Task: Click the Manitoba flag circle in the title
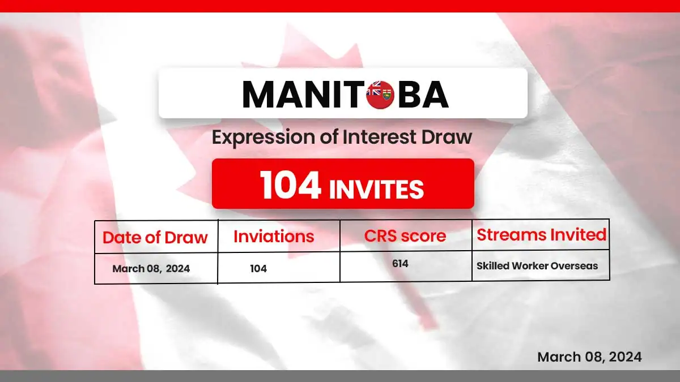[x=380, y=95]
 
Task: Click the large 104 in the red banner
[x=291, y=185]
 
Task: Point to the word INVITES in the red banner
[x=376, y=189]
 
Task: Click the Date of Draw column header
[x=155, y=237]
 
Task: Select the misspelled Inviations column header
[x=274, y=237]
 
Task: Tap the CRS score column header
[x=405, y=236]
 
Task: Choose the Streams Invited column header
[x=541, y=234]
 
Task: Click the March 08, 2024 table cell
[x=151, y=269]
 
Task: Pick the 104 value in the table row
[x=258, y=269]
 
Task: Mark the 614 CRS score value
[x=400, y=264]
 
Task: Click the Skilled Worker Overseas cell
[x=537, y=266]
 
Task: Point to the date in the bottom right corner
[x=589, y=357]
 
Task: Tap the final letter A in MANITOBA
[x=435, y=95]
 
